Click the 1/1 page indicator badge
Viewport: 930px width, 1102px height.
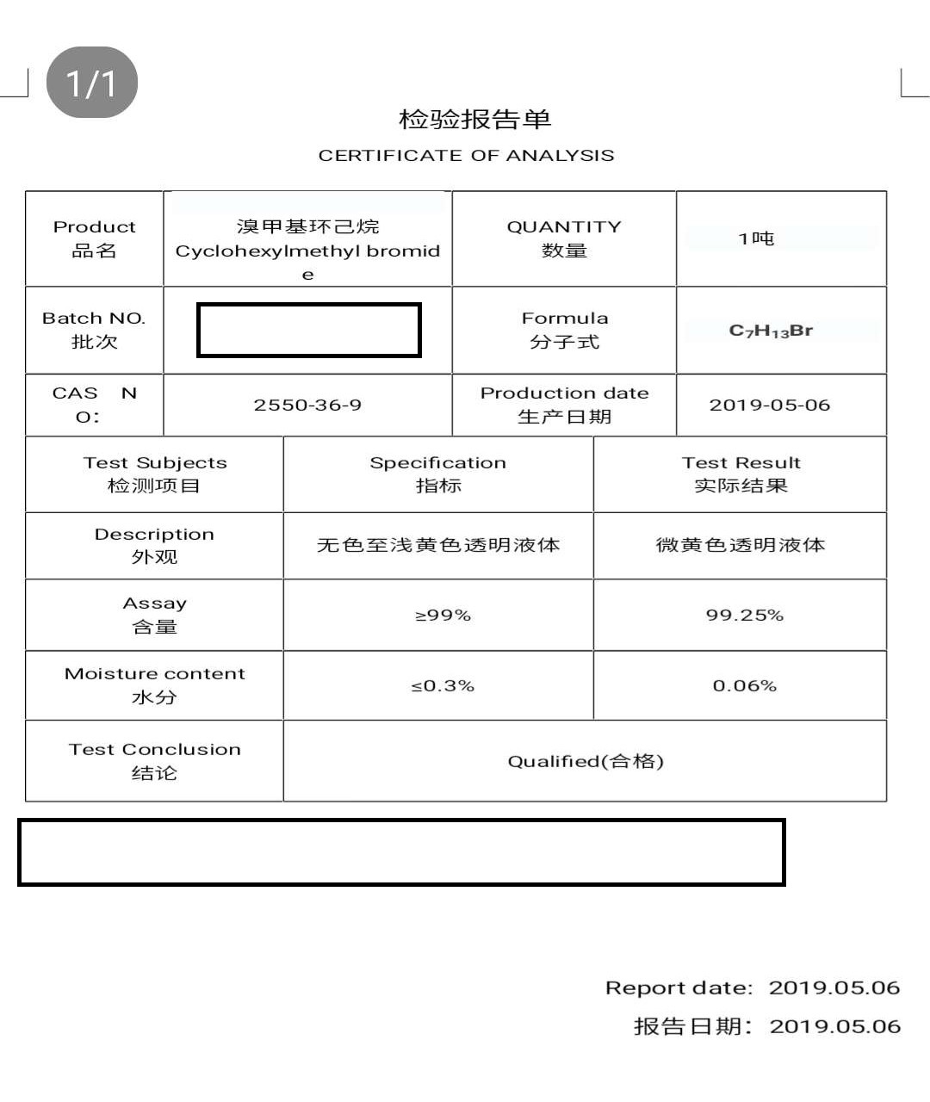click(x=91, y=83)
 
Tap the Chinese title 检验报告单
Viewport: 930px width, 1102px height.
click(x=474, y=119)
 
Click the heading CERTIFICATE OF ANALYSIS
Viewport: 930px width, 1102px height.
click(x=466, y=156)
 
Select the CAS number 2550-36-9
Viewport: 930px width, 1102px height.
click(x=307, y=405)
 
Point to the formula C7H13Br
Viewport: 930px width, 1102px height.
click(x=771, y=331)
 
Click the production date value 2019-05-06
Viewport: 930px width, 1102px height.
click(x=769, y=405)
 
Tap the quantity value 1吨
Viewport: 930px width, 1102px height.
click(x=756, y=238)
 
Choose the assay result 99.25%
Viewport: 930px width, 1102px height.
click(x=744, y=615)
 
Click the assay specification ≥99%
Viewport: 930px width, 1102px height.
click(x=443, y=615)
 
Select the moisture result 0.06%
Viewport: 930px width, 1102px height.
click(x=744, y=685)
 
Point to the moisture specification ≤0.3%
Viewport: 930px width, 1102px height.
click(x=443, y=685)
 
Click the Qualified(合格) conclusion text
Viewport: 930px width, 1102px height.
click(x=586, y=761)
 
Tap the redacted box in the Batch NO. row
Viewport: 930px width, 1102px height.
click(x=308, y=330)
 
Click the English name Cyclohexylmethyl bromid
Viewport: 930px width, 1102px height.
click(x=307, y=251)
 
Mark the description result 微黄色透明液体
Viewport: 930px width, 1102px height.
click(x=741, y=545)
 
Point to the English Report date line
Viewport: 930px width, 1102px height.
click(x=752, y=987)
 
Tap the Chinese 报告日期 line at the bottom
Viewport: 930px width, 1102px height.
click(x=766, y=1026)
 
